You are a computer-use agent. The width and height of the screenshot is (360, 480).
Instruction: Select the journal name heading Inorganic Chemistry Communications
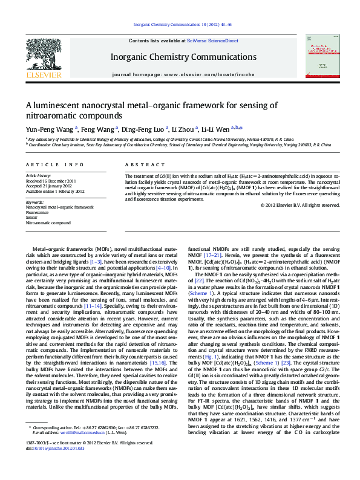pos(180,56)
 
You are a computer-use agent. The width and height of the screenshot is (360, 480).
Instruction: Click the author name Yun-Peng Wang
pos(50,129)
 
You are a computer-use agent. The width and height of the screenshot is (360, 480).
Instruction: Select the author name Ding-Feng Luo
pos(143,129)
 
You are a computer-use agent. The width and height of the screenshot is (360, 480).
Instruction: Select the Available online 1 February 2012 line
pos(55,190)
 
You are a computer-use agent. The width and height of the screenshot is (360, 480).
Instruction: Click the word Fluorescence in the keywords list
pos(38,212)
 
